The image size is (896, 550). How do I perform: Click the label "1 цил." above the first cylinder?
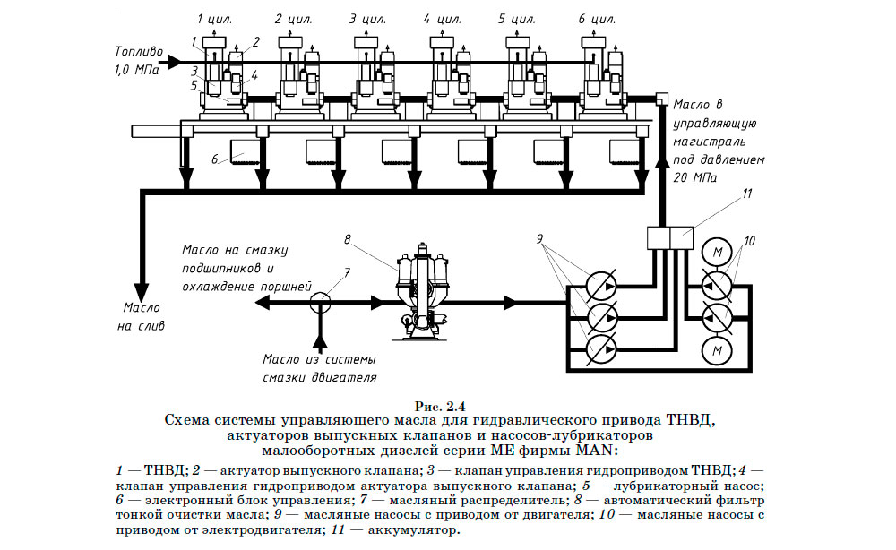coord(215,18)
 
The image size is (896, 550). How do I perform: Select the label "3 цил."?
coord(367,18)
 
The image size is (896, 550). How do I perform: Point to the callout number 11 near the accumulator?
coord(747,192)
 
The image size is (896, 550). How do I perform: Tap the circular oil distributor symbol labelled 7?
coord(318,302)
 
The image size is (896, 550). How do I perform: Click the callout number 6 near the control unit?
coord(215,159)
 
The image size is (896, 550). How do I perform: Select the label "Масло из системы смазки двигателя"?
coord(318,368)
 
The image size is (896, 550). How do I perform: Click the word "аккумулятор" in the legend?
coord(418,530)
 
